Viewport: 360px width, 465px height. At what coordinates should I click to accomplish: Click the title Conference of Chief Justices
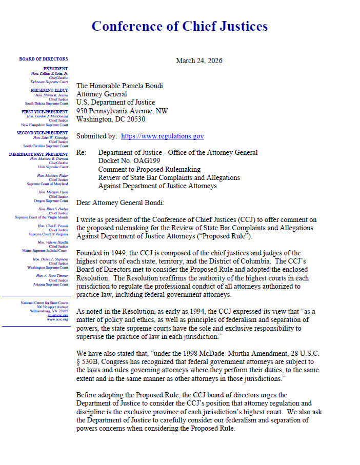tap(179, 26)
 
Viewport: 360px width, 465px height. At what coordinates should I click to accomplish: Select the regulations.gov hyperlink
tap(162, 136)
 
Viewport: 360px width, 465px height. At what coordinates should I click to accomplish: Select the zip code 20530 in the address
tap(133, 119)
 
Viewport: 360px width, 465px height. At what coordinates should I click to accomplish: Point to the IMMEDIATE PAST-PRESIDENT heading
tap(38, 154)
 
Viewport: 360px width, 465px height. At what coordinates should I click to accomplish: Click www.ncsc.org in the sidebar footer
tap(57, 319)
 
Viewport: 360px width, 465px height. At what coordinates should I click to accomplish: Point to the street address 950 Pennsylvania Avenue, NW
tap(122, 111)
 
